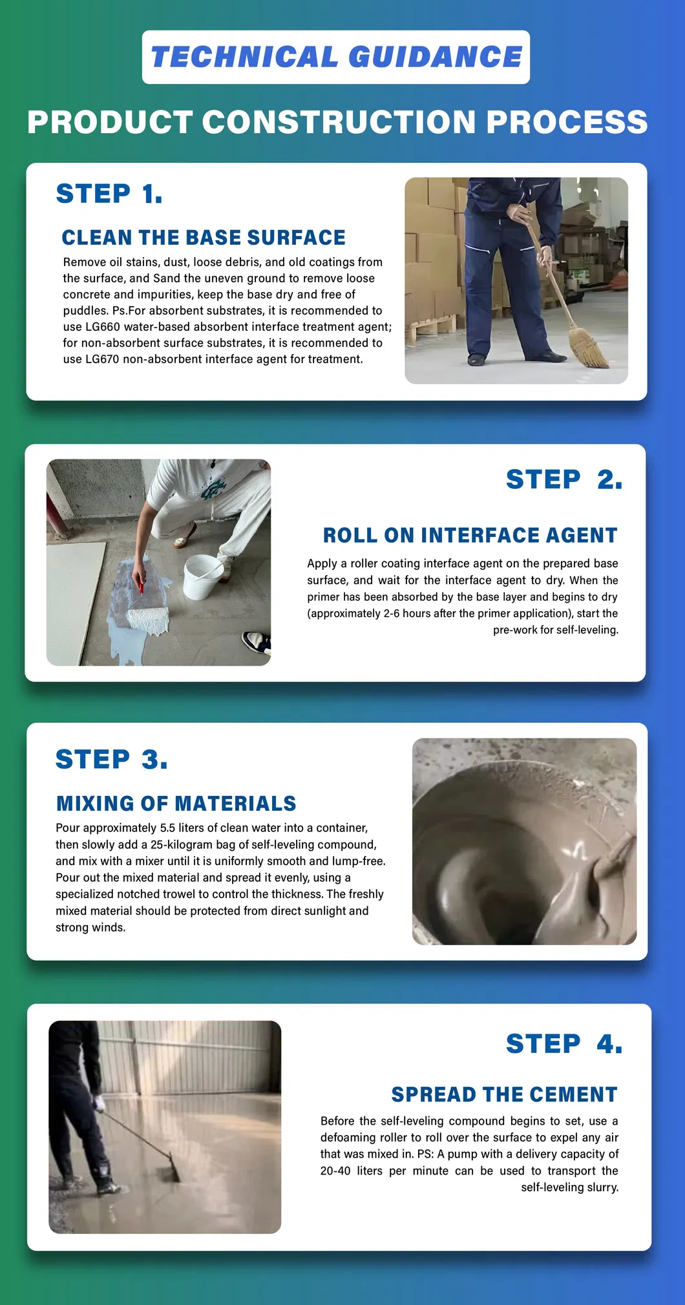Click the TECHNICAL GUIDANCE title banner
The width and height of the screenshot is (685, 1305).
pyautogui.click(x=336, y=57)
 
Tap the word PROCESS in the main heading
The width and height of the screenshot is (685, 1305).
pyautogui.click(x=566, y=122)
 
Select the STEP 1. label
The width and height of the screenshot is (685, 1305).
pyautogui.click(x=109, y=194)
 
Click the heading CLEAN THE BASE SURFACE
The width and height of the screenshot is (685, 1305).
pyautogui.click(x=204, y=238)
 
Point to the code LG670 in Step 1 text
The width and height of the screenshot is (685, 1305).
pyautogui.click(x=102, y=359)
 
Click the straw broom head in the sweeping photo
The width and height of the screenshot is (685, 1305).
pyautogui.click(x=589, y=349)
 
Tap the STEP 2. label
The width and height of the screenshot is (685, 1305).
pyautogui.click(x=564, y=479)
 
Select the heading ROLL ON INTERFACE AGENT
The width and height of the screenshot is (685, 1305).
pyautogui.click(x=470, y=536)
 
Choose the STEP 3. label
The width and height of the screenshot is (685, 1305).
pyautogui.click(x=111, y=759)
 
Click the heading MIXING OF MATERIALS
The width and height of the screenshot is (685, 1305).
pyautogui.click(x=176, y=804)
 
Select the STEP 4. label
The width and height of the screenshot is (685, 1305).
pyautogui.click(x=564, y=1044)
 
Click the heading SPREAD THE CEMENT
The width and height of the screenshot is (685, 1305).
pyautogui.click(x=504, y=1095)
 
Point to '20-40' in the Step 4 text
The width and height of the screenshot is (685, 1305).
pyautogui.click(x=335, y=1171)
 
